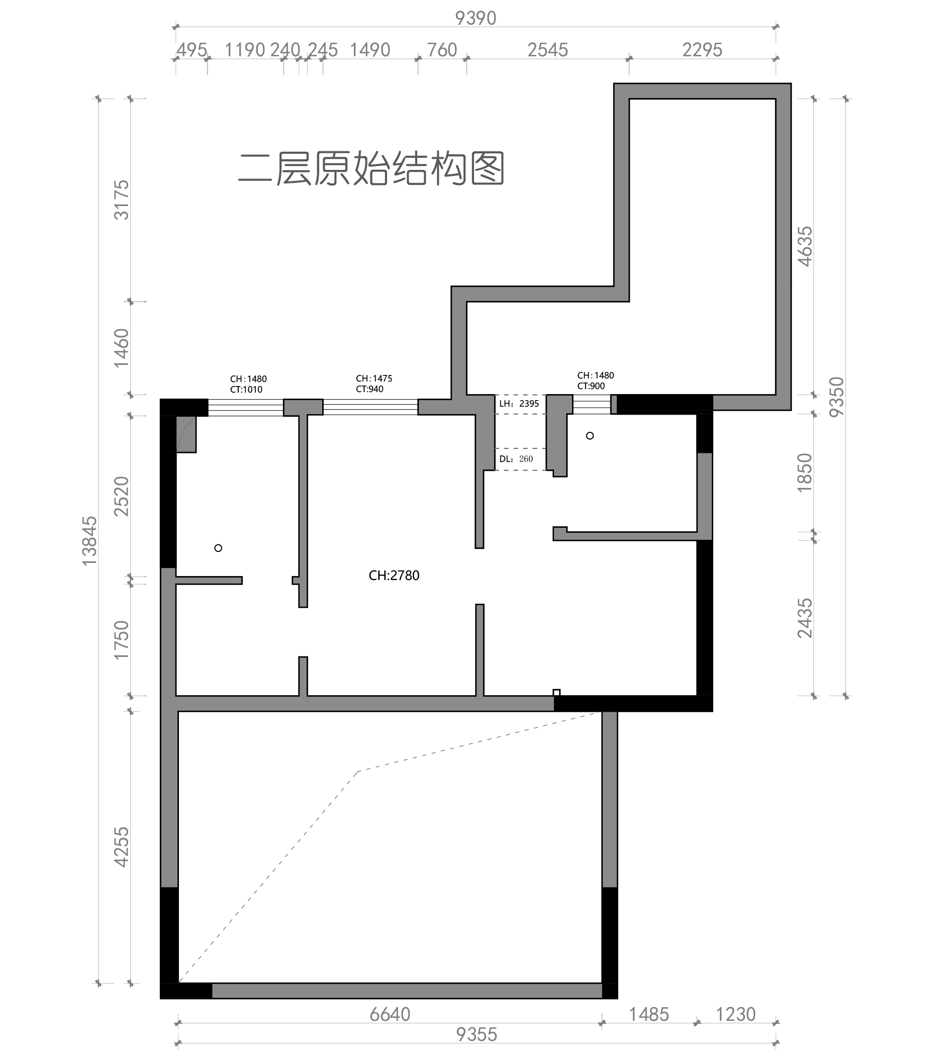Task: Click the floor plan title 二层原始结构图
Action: click(371, 168)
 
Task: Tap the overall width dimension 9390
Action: click(476, 18)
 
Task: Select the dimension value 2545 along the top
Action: click(547, 50)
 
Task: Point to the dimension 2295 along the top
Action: click(702, 50)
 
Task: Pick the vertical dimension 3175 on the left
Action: click(122, 200)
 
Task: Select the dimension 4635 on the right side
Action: click(805, 246)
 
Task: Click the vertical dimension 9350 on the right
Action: click(836, 397)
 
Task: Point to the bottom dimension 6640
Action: click(390, 1014)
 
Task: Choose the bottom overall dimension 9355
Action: click(477, 1034)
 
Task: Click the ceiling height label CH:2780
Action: click(394, 576)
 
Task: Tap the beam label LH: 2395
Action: click(519, 404)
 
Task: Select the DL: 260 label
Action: click(516, 459)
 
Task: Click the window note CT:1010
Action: click(246, 390)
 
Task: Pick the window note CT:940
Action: click(370, 390)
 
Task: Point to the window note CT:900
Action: click(591, 386)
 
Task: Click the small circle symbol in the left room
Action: click(218, 548)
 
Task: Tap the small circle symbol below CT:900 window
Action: click(590, 436)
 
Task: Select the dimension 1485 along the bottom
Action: click(649, 1014)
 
